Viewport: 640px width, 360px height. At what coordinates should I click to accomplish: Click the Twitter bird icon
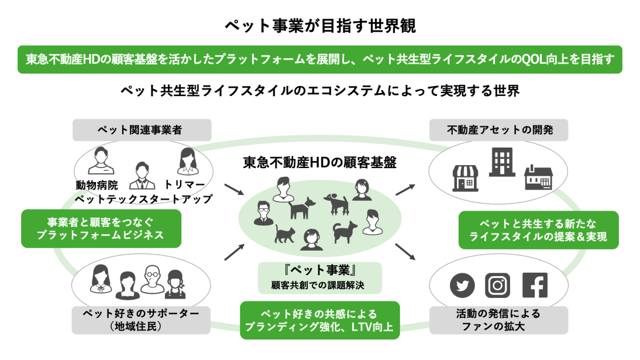pos(462,285)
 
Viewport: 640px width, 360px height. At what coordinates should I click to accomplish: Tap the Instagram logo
pos(497,285)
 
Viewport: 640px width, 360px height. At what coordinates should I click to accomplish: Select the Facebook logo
pos(535,285)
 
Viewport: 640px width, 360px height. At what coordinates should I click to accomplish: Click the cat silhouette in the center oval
pos(285,234)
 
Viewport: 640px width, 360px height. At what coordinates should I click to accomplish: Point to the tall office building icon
pos(502,162)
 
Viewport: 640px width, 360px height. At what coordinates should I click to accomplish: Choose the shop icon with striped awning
pos(465,178)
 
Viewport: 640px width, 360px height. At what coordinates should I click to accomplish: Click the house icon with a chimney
pos(538,177)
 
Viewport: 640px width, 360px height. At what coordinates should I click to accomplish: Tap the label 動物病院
pos(97,185)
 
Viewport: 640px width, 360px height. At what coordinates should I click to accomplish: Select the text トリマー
pos(184,185)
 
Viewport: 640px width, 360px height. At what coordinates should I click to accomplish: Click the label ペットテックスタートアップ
pos(144,199)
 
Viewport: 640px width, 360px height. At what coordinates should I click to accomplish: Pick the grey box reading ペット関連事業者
pos(142,130)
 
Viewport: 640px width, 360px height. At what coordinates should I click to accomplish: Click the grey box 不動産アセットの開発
pos(499,130)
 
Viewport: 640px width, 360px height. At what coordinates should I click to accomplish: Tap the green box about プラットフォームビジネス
pos(101,229)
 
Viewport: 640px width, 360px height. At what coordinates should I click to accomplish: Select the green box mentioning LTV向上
pos(319,320)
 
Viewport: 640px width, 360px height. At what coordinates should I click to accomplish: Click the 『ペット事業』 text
pos(320,270)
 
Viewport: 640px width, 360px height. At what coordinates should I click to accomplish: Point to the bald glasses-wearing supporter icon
pos(153,279)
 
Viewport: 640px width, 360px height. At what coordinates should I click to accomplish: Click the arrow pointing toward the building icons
pos(405,190)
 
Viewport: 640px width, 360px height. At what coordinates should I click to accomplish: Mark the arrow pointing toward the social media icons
pos(405,252)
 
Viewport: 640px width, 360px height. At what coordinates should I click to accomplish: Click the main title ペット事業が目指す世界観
pos(320,26)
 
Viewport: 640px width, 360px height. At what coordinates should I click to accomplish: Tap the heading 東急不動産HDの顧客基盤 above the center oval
pos(319,163)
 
